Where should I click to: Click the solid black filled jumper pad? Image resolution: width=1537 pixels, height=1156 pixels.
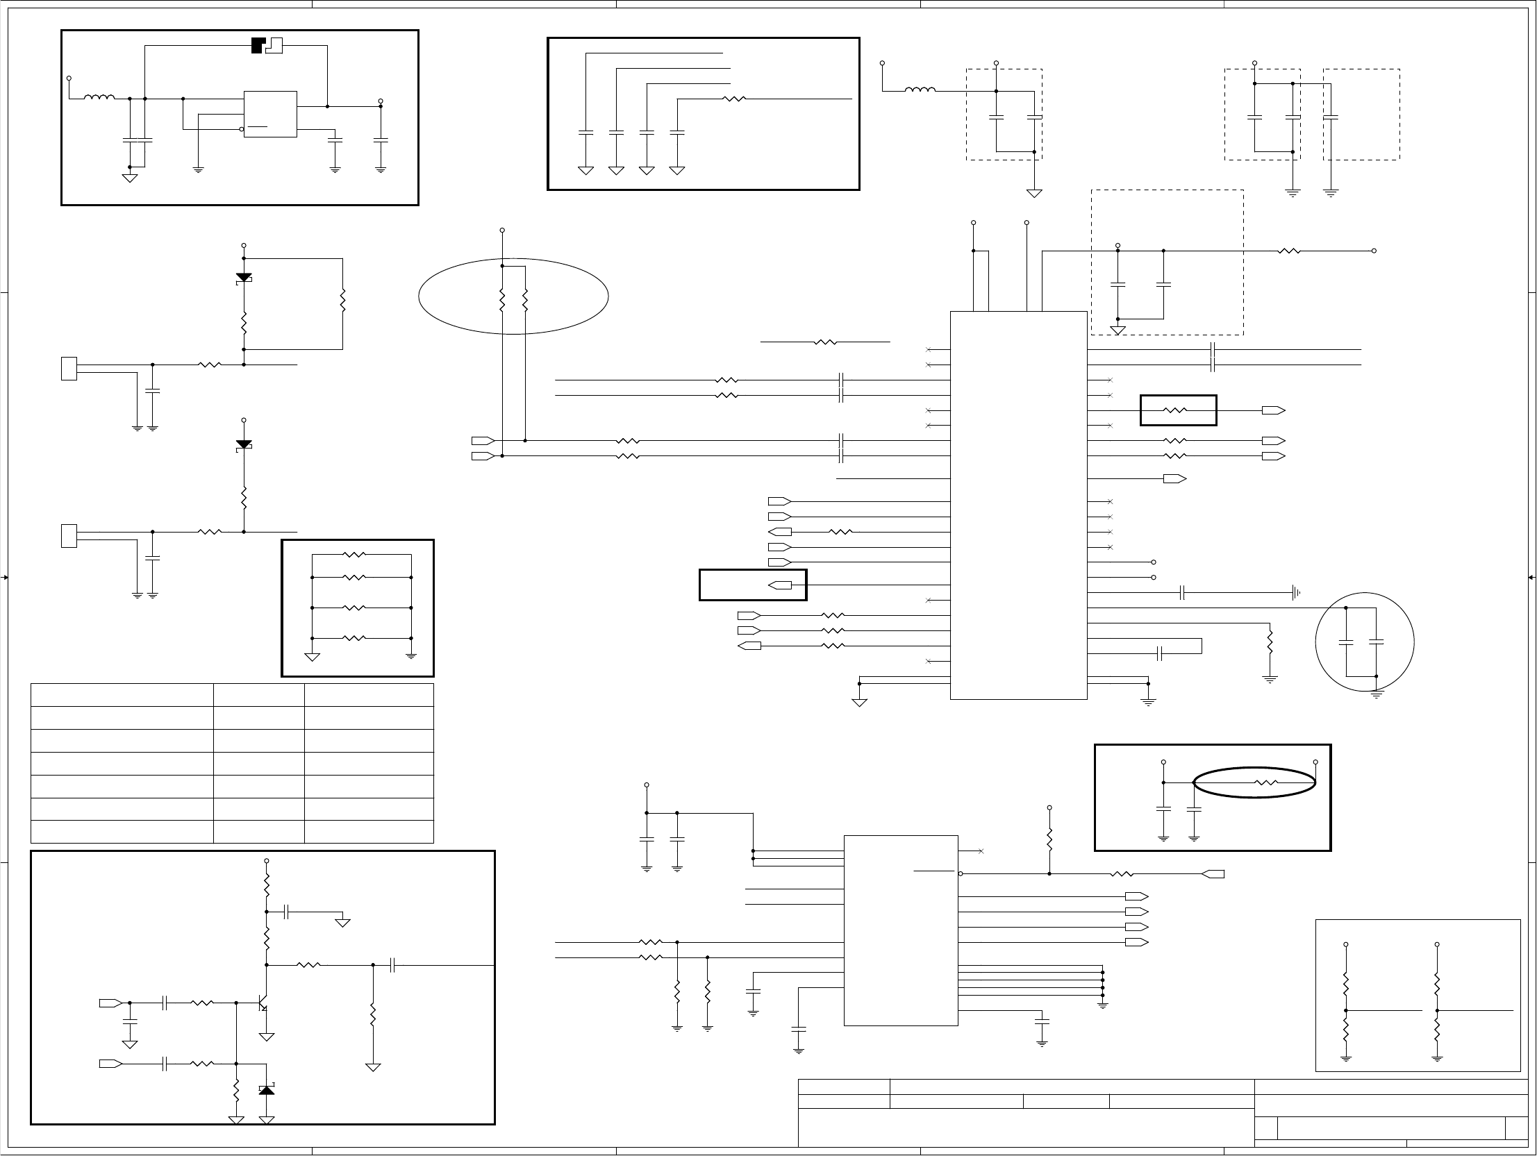[x=258, y=46]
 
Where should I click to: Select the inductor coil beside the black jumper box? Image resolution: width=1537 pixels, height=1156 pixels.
[x=99, y=98]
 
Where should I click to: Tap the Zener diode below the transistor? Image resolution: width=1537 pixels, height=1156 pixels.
[x=266, y=1090]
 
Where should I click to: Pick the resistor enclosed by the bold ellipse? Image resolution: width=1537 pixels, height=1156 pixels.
[x=1266, y=783]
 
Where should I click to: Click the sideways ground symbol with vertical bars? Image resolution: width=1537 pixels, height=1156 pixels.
[x=1296, y=594]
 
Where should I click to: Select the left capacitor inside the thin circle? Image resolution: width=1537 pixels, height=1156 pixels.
[x=1346, y=643]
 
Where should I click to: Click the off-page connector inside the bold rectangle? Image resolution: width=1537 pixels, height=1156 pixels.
[x=781, y=586]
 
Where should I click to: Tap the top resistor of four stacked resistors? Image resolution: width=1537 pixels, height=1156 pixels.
[x=354, y=555]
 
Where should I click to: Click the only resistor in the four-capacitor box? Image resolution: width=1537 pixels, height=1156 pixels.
[x=734, y=99]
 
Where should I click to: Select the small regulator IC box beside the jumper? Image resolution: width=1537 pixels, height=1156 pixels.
[x=270, y=114]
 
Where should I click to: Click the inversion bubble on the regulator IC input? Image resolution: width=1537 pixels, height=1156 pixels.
[x=242, y=129]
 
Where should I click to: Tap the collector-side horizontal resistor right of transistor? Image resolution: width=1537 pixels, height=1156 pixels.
[x=308, y=965]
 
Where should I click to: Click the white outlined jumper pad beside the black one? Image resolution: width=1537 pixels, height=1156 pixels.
[x=274, y=46]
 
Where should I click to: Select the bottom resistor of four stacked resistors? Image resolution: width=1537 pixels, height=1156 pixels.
[x=354, y=639]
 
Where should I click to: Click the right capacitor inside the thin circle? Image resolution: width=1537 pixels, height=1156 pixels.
[x=1377, y=643]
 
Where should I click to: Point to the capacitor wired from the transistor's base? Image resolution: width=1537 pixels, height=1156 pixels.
[x=165, y=1003]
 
